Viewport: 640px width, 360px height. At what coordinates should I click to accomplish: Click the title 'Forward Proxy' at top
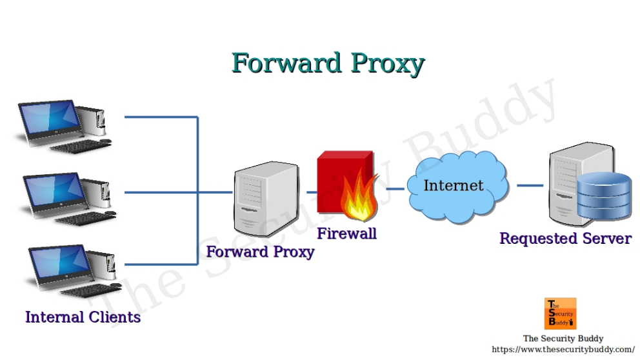328,63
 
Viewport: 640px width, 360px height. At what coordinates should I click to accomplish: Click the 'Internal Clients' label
83,317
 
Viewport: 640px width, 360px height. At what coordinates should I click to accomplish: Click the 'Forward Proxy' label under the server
260,252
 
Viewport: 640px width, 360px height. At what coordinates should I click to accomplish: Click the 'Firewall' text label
346,234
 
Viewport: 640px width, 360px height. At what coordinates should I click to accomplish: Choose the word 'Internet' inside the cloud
453,186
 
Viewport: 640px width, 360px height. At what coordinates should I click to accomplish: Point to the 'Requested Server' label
565,238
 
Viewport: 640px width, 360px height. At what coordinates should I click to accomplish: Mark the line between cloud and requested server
529,186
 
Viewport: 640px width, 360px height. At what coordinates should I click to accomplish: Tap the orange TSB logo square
560,314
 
